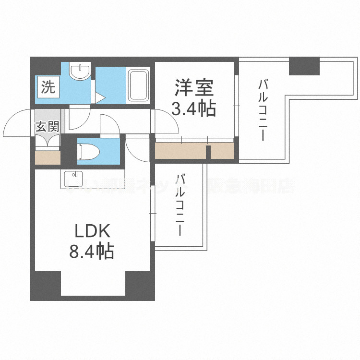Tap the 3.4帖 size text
(x=194, y=110)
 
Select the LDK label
(x=92, y=232)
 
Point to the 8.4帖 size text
(x=92, y=251)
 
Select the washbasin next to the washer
(x=79, y=72)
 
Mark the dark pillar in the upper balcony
(x=304, y=66)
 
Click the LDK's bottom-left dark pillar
(x=46, y=286)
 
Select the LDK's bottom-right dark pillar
(x=140, y=286)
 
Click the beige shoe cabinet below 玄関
(x=48, y=158)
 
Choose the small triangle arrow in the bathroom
(x=99, y=98)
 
